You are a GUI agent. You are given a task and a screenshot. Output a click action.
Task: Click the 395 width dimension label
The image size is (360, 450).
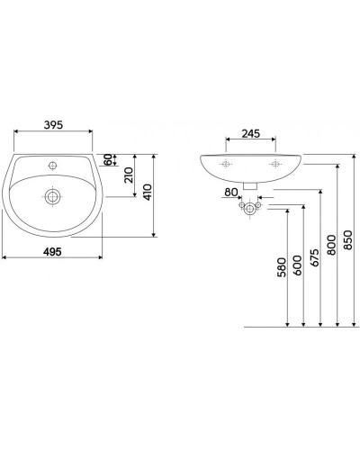(53, 125)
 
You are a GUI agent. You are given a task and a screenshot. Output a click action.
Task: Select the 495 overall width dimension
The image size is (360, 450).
(52, 252)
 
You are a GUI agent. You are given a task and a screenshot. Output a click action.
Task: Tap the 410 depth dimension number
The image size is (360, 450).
(148, 193)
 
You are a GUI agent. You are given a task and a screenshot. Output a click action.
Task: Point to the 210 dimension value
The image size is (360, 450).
(129, 175)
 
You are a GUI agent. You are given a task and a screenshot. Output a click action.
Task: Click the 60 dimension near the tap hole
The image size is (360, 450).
(108, 159)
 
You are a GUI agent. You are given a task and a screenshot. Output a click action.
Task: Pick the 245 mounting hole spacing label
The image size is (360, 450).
(251, 133)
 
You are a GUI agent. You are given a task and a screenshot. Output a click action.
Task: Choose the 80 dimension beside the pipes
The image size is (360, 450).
(231, 192)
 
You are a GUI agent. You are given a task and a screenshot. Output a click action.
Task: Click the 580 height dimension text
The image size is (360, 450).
(282, 267)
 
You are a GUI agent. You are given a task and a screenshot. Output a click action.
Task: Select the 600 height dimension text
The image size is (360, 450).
(298, 265)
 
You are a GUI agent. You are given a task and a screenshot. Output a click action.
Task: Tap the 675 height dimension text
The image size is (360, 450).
(314, 257)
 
